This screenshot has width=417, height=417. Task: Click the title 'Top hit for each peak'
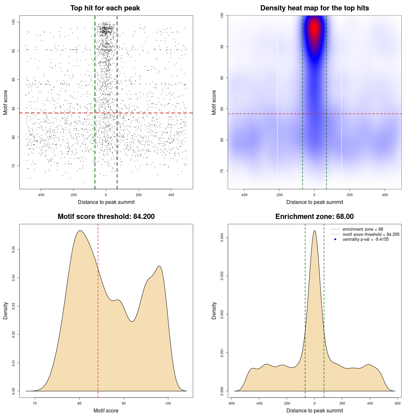click(x=105, y=8)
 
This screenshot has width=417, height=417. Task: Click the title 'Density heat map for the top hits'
click(x=314, y=8)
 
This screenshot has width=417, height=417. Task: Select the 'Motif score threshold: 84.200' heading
click(x=106, y=217)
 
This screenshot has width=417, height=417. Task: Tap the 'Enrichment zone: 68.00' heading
click(x=314, y=217)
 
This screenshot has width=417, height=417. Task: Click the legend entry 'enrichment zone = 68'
click(x=363, y=229)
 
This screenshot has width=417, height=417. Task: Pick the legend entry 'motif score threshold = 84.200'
click(x=371, y=235)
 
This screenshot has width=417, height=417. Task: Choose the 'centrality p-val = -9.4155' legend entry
click(x=366, y=239)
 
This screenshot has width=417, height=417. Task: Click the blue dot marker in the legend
click(x=335, y=239)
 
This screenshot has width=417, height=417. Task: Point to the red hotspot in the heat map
click(x=314, y=29)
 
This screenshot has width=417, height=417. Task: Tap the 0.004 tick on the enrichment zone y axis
click(x=222, y=237)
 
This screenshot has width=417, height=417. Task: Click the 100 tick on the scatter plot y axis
click(x=13, y=22)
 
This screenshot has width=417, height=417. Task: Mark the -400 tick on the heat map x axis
click(x=244, y=195)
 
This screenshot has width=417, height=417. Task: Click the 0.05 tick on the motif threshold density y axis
click(x=13, y=250)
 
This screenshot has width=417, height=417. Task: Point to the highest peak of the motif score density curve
click(x=80, y=231)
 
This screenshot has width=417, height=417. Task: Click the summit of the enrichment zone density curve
click(x=314, y=231)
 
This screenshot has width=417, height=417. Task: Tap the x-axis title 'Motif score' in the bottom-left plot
click(x=106, y=410)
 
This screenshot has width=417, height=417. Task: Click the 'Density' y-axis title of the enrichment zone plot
click(x=214, y=310)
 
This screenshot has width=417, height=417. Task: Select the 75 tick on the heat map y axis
click(x=222, y=171)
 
